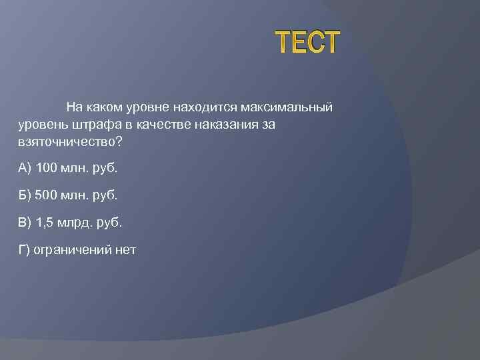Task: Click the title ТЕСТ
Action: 308,43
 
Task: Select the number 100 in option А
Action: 47,167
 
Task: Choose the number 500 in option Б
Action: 47,195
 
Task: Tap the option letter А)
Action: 25,167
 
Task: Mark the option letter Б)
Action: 25,195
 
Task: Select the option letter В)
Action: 25,222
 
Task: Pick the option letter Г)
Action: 24,250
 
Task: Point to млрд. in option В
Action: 79,222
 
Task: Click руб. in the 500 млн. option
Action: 106,195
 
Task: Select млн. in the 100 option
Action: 75,167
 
